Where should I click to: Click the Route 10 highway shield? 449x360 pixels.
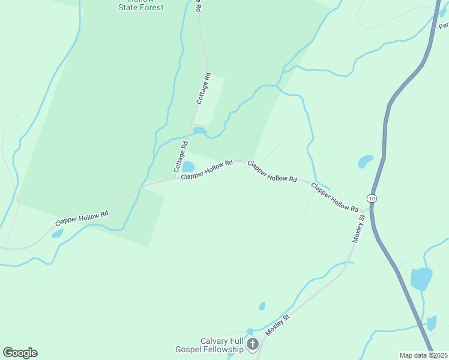click(x=372, y=198)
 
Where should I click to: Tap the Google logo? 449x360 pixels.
click(x=20, y=353)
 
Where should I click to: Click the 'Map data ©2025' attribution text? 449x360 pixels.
click(x=423, y=355)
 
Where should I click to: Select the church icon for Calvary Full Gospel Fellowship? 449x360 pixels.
click(x=253, y=344)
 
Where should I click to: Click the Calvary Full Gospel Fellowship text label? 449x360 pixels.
click(x=222, y=345)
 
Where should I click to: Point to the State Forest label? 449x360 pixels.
click(x=140, y=7)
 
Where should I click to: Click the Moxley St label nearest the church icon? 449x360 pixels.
click(x=278, y=324)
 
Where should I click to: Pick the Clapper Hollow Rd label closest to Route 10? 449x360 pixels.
click(x=334, y=197)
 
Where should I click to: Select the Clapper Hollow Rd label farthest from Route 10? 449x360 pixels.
click(x=82, y=218)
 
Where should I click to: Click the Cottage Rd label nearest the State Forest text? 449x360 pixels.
click(x=204, y=88)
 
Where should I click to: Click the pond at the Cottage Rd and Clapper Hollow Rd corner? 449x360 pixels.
click(x=188, y=166)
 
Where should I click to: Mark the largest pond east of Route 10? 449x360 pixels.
click(x=421, y=279)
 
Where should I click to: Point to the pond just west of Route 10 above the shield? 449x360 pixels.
click(x=366, y=161)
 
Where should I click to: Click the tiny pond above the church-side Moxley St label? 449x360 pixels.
click(x=262, y=306)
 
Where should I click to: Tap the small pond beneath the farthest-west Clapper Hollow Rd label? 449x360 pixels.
click(x=57, y=233)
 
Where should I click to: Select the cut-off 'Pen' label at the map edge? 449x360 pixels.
click(x=444, y=26)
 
